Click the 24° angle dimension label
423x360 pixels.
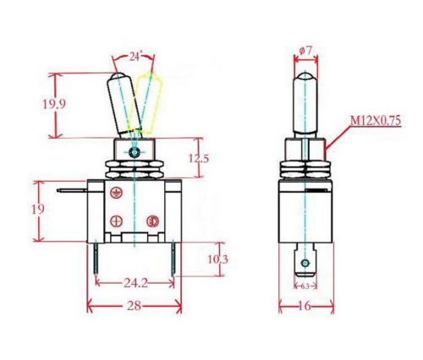(x=135, y=57)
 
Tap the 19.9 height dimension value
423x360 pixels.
(x=54, y=104)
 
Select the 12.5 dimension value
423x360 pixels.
(x=199, y=159)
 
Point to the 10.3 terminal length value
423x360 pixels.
(x=217, y=259)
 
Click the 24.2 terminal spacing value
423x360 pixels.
(x=136, y=283)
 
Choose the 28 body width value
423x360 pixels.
(x=134, y=306)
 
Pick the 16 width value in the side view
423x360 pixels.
(x=305, y=306)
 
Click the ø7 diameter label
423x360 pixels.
(x=305, y=51)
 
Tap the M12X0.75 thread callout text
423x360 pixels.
(x=376, y=121)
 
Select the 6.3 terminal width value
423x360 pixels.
(x=305, y=286)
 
